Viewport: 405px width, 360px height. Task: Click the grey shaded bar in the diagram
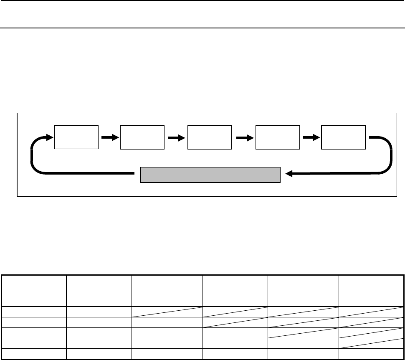pyautogui.click(x=210, y=175)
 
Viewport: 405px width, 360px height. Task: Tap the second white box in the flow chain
pyautogui.click(x=142, y=137)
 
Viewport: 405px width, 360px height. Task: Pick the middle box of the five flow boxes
pyautogui.click(x=210, y=137)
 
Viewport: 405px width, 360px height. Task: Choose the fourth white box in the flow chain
pyautogui.click(x=277, y=137)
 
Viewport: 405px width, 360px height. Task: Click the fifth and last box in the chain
pyautogui.click(x=343, y=137)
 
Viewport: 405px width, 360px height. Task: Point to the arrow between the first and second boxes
pyautogui.click(x=109, y=137)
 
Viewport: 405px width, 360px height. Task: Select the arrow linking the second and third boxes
pyautogui.click(x=176, y=137)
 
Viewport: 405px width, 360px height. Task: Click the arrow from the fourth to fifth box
pyautogui.click(x=310, y=137)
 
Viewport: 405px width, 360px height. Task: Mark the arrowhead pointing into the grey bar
pyautogui.click(x=288, y=175)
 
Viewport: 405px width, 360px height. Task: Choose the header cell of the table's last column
pyautogui.click(x=370, y=290)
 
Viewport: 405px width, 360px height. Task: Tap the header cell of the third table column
pyautogui.click(x=167, y=290)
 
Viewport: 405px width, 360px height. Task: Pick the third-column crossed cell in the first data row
pyautogui.click(x=167, y=311)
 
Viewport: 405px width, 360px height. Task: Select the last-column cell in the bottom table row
pyautogui.click(x=370, y=354)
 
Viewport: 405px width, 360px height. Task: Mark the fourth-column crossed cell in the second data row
pyautogui.click(x=235, y=322)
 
